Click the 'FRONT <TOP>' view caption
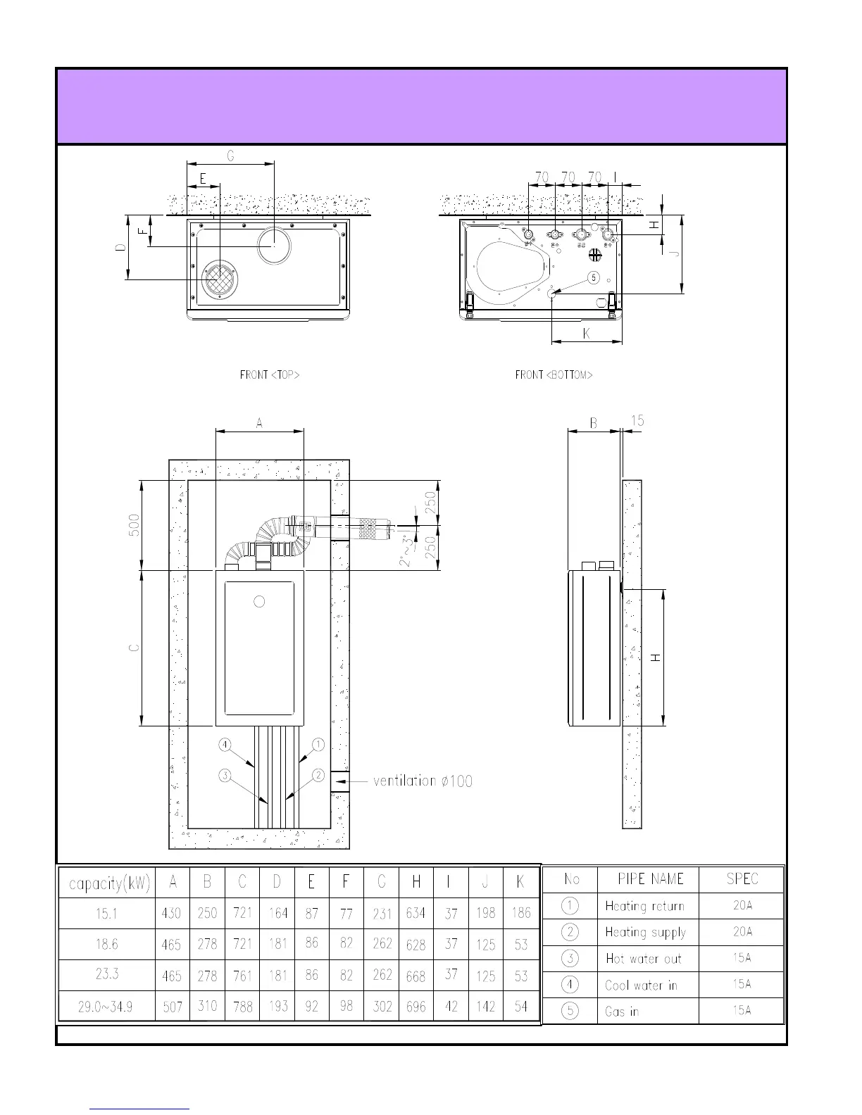click(x=270, y=375)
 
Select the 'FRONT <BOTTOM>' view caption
click(x=554, y=375)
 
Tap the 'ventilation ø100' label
click(x=423, y=781)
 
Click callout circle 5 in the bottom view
click(x=594, y=277)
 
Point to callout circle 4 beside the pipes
click(x=225, y=745)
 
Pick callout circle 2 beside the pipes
click(x=318, y=775)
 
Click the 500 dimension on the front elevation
click(x=134, y=525)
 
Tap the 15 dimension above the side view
click(x=637, y=421)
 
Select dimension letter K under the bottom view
click(x=587, y=334)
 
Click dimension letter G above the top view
click(x=230, y=156)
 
